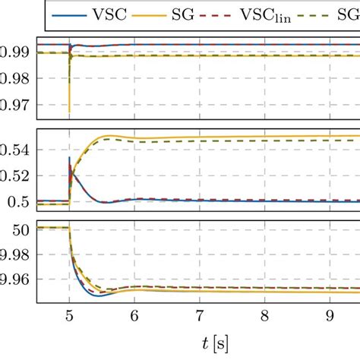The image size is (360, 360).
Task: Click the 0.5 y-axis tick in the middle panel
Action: tap(20, 201)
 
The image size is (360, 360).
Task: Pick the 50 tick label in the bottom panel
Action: tap(22, 228)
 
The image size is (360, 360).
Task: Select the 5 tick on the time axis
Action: tap(69, 314)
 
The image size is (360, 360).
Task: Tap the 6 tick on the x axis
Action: tap(134, 314)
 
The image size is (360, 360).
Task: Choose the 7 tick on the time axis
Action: tap(200, 314)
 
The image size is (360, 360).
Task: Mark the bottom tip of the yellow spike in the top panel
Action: tap(69, 112)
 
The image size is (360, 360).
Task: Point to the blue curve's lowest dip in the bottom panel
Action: tap(99, 295)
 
